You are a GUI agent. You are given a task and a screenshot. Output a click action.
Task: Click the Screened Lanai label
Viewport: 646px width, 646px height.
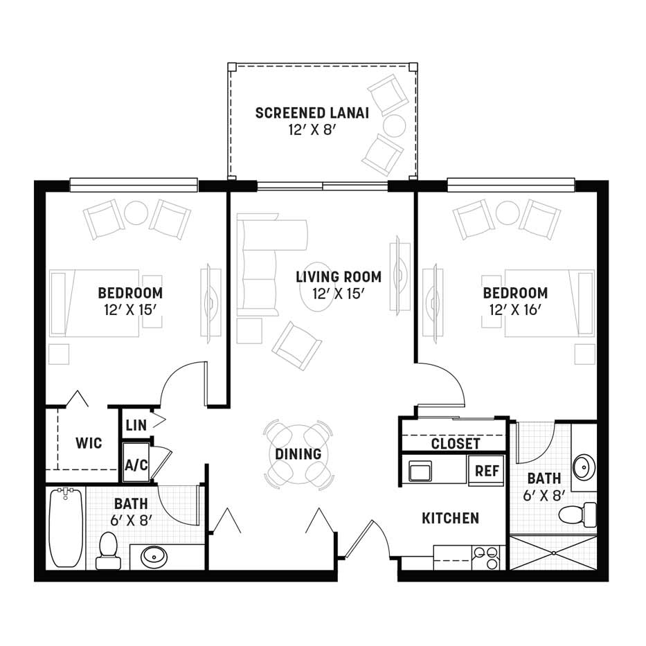point(312,113)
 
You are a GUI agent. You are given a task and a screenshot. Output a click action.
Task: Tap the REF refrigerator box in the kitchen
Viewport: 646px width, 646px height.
point(487,470)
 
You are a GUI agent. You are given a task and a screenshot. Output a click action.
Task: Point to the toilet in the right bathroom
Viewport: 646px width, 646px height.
point(577,514)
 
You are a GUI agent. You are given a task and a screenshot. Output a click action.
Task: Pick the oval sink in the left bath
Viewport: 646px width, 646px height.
point(154,557)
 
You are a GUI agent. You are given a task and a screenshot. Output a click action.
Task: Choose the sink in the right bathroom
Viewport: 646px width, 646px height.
point(584,467)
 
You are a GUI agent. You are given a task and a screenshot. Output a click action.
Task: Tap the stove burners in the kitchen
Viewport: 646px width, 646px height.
point(485,557)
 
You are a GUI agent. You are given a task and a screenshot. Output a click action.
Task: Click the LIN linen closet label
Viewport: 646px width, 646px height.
point(136,425)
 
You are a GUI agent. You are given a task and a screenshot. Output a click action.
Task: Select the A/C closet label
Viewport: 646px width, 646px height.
point(136,465)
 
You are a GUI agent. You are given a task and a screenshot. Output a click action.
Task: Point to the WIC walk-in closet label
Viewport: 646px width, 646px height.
point(89,443)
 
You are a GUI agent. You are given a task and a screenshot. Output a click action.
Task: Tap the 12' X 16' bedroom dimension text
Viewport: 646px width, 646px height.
point(514,309)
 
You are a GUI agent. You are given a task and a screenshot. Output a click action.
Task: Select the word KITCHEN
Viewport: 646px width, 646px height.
point(450,519)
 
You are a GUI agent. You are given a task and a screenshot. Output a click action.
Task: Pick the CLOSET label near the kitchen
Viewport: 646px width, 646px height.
point(456,444)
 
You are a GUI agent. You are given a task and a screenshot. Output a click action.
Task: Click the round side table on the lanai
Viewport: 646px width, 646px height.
point(395,125)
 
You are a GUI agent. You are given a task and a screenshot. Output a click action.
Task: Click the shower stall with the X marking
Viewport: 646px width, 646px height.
point(553,553)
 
